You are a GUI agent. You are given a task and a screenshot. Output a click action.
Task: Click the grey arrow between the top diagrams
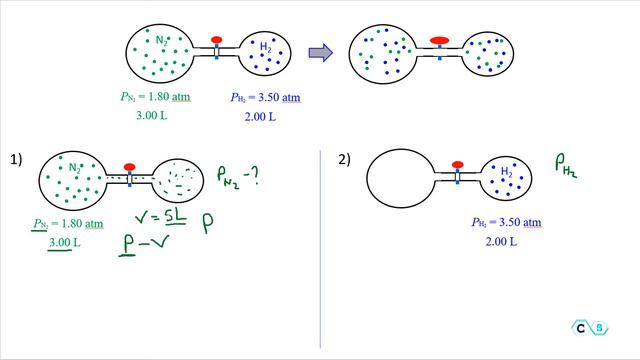[x=319, y=53]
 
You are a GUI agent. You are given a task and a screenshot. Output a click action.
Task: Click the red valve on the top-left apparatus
[x=216, y=40]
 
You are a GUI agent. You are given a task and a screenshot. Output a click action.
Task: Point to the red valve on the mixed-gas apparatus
[x=439, y=41]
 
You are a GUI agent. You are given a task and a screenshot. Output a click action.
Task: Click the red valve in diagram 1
[x=129, y=166]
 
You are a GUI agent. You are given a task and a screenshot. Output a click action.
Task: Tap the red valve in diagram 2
[x=458, y=164]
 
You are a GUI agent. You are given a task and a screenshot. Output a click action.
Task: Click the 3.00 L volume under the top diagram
[x=152, y=116]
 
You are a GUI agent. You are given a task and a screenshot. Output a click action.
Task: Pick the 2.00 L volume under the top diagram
[x=260, y=116]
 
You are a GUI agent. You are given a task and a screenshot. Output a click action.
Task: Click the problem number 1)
[x=16, y=159]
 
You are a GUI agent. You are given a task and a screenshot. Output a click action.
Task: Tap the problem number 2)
[x=344, y=159]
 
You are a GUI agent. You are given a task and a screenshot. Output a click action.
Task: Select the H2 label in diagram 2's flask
[x=507, y=172]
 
